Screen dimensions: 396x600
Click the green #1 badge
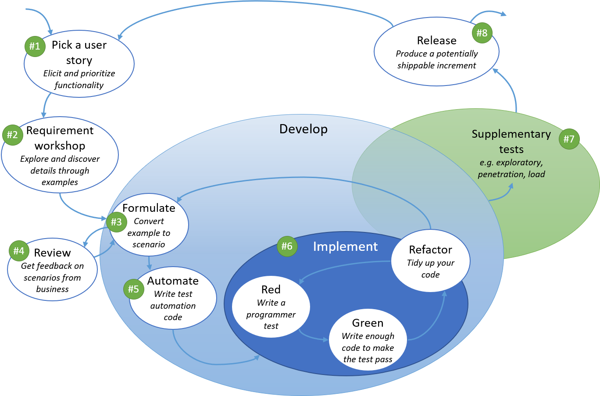point(35,46)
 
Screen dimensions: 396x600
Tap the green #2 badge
point(12,135)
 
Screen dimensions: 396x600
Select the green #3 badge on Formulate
point(116,222)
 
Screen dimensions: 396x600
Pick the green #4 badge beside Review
point(19,251)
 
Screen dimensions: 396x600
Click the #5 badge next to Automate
point(133,289)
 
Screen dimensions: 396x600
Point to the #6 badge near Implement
point(287,246)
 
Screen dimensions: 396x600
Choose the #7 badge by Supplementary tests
point(569,139)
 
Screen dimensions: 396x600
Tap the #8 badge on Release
point(482,33)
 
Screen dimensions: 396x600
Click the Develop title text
point(304,129)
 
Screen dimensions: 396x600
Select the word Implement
point(345,246)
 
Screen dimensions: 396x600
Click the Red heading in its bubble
point(271,289)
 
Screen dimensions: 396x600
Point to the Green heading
point(368,323)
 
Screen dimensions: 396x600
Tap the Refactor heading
point(430,250)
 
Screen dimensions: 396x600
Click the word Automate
point(173,281)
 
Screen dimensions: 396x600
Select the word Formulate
point(149,208)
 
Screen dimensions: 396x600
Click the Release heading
point(436,40)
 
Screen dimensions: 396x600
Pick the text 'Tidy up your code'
point(430,269)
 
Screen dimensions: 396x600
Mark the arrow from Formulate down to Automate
point(150,263)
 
